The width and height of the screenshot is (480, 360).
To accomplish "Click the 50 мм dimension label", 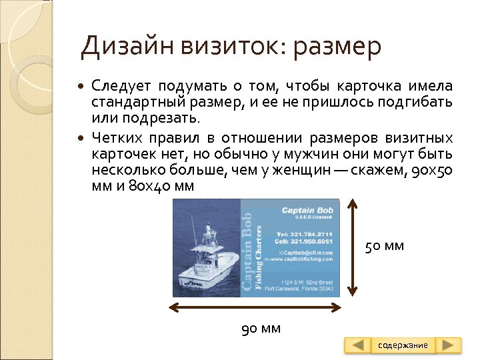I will [385, 247].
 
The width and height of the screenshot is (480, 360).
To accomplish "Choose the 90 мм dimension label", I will [261, 328].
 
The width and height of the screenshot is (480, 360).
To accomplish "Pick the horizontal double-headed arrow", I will [255, 307].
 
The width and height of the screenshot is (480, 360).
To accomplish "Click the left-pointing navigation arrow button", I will [359, 345].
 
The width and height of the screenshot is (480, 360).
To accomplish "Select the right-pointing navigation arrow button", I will [449, 345].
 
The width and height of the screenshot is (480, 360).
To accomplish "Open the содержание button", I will [403, 345].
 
